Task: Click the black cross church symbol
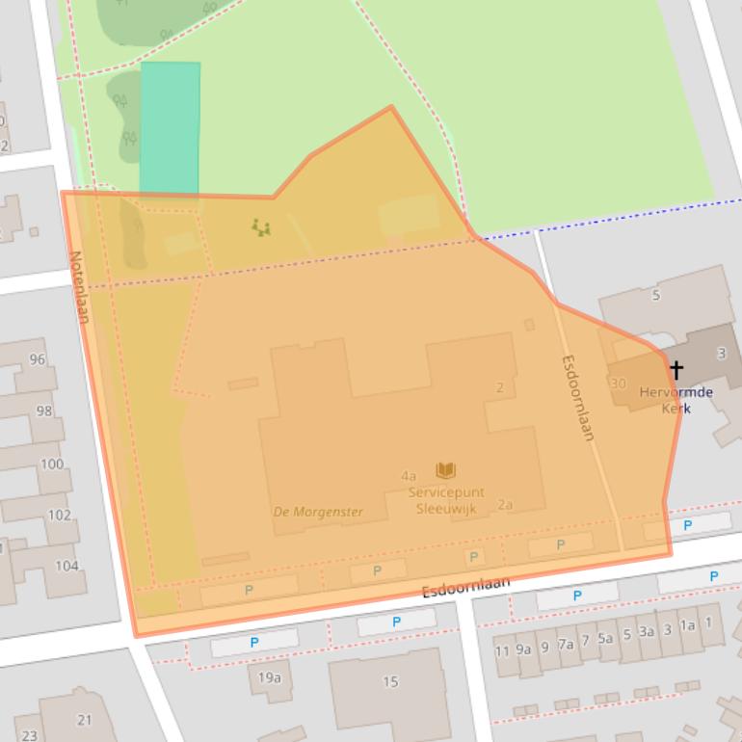[x=676, y=370]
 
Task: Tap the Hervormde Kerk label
[x=676, y=400]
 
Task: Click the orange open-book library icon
[x=445, y=470]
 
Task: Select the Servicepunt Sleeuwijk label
[x=445, y=500]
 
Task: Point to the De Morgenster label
[x=318, y=512]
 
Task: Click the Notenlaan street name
[x=78, y=286]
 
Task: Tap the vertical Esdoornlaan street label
[x=577, y=397]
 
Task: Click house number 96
[x=38, y=359]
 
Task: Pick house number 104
[x=66, y=566]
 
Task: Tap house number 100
[x=52, y=464]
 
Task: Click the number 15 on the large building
[x=390, y=681]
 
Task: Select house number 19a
[x=270, y=676]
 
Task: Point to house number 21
[x=85, y=719]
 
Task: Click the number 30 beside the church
[x=618, y=383]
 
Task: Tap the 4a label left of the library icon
[x=409, y=475]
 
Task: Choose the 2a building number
[x=505, y=504]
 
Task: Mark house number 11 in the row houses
[x=502, y=650]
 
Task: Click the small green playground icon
[x=260, y=227]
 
